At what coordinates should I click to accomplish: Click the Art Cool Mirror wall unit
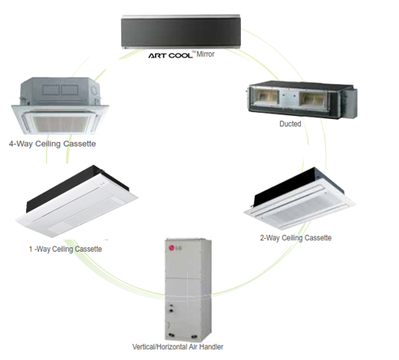pyautogui.click(x=181, y=31)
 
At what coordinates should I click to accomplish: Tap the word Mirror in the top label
pyautogui.click(x=206, y=54)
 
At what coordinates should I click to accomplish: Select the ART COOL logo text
pyautogui.click(x=170, y=55)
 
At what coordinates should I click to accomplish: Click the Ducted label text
pyautogui.click(x=290, y=124)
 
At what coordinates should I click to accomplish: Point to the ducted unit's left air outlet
pyautogui.click(x=265, y=97)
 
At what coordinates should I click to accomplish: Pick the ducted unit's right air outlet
pyautogui.click(x=313, y=99)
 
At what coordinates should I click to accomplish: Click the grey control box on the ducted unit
pyautogui.click(x=350, y=104)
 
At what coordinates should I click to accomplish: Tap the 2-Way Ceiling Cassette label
pyautogui.click(x=295, y=238)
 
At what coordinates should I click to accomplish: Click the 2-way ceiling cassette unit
pyautogui.click(x=299, y=198)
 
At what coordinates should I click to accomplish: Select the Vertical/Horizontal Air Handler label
pyautogui.click(x=178, y=347)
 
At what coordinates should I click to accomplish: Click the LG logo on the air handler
pyautogui.click(x=175, y=248)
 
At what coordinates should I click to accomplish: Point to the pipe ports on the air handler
pyautogui.click(x=171, y=308)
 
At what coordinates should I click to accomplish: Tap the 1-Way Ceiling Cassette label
pyautogui.click(x=65, y=249)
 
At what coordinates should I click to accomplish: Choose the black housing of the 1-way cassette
pyautogui.click(x=74, y=186)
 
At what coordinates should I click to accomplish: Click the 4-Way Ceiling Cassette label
pyautogui.click(x=52, y=144)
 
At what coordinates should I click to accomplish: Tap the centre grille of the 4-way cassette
pyautogui.click(x=60, y=124)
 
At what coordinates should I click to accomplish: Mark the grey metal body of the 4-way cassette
pyautogui.click(x=60, y=91)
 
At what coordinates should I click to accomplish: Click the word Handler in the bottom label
pyautogui.click(x=211, y=347)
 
